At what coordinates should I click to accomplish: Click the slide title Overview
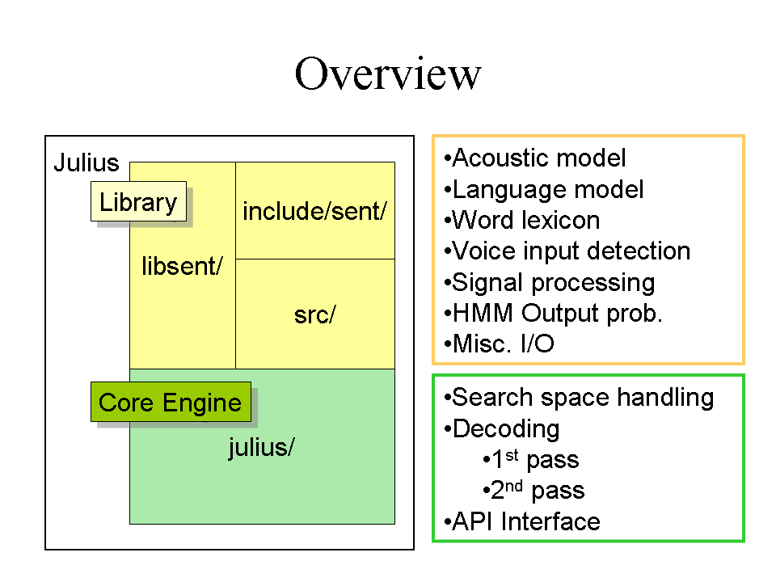[x=387, y=74]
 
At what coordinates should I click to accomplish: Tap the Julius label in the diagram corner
[x=86, y=162]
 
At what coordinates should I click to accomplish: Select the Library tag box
[x=138, y=201]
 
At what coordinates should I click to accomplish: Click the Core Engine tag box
[x=171, y=402]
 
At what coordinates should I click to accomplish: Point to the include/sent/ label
[x=314, y=211]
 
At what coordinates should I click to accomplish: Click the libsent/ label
[x=182, y=266]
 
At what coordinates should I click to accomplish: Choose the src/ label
[x=314, y=315]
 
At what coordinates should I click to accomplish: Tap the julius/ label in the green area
[x=261, y=447]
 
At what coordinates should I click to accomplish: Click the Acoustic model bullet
[x=535, y=158]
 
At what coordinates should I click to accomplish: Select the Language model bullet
[x=544, y=189]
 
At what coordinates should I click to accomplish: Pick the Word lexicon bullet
[x=522, y=220]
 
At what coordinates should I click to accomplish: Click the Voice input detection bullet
[x=567, y=251]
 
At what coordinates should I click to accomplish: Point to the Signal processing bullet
[x=550, y=283]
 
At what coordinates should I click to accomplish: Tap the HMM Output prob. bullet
[x=553, y=314]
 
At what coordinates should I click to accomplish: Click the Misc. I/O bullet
[x=499, y=344]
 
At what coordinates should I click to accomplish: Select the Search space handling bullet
[x=579, y=398]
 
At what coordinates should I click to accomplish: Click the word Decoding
[x=506, y=428]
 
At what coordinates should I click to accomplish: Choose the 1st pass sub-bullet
[x=530, y=459]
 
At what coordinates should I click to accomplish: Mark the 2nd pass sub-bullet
[x=533, y=490]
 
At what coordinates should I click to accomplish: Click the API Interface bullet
[x=522, y=521]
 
